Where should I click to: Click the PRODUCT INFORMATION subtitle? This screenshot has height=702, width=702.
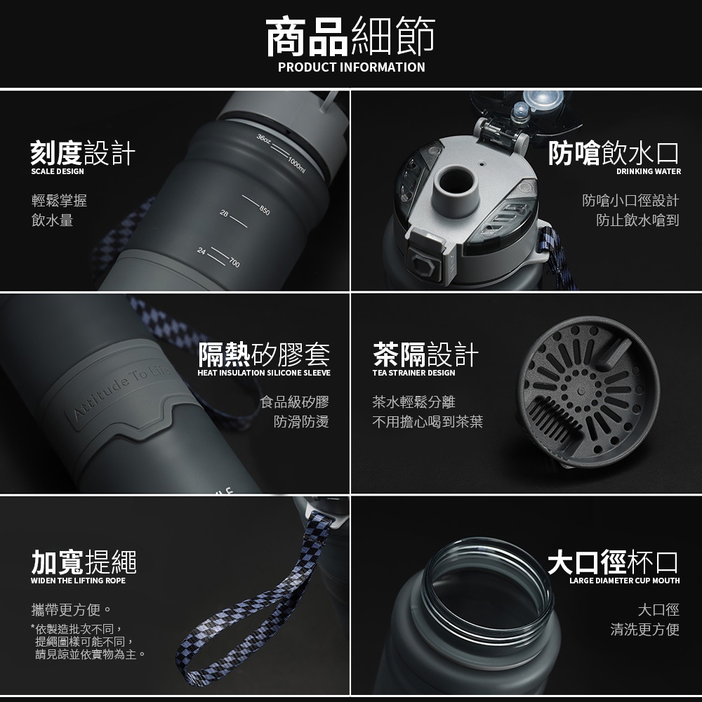(x=352, y=67)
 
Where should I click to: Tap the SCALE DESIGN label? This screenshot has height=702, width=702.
(x=58, y=171)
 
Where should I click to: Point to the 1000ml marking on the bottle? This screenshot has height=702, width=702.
(x=296, y=165)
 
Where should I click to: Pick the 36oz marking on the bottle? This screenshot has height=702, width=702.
(x=264, y=139)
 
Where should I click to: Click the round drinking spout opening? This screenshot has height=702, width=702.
(x=456, y=183)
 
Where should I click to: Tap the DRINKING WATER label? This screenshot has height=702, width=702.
(x=649, y=171)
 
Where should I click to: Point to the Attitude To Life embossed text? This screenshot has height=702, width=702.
(x=121, y=392)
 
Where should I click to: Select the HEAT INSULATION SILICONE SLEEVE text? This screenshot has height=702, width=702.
(x=264, y=373)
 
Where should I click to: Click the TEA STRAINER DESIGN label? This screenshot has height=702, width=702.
(x=413, y=373)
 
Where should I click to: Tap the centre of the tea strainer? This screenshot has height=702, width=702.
(x=581, y=391)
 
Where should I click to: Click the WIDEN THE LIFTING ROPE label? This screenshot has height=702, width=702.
(x=78, y=581)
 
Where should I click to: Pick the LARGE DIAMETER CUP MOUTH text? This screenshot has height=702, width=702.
(x=625, y=581)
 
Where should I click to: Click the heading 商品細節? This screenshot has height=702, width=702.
(x=350, y=37)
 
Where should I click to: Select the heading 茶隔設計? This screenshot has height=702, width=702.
(x=425, y=354)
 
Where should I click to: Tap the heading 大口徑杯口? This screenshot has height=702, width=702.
(x=613, y=562)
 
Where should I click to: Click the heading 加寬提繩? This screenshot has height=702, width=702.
(x=84, y=562)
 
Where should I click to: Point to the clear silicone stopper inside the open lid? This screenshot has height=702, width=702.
(x=543, y=100)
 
